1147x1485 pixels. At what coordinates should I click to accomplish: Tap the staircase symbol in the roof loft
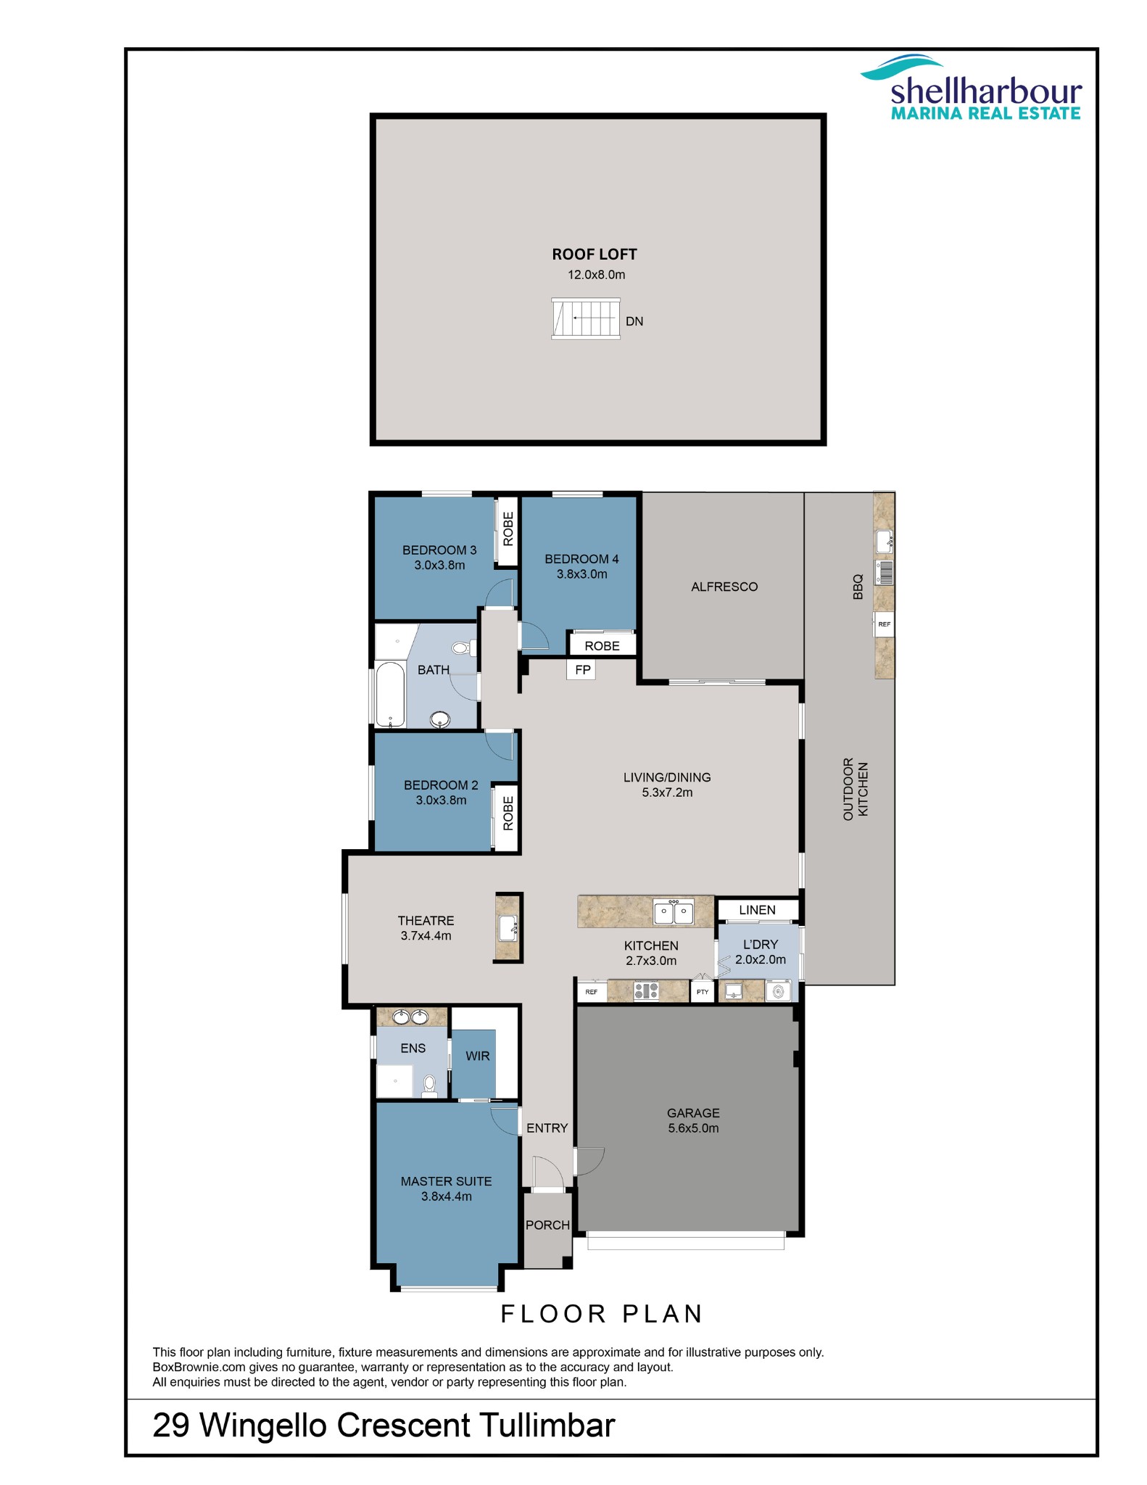coord(586,318)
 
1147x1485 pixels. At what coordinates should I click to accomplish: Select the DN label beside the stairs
coord(634,321)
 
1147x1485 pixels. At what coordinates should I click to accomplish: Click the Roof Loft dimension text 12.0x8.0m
coord(596,275)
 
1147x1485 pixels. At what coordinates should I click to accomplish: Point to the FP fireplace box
coord(582,670)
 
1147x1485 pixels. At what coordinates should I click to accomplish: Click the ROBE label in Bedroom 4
coord(602,645)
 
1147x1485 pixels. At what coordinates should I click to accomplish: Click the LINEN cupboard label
coord(757,910)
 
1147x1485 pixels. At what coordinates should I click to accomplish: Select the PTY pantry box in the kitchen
coord(702,991)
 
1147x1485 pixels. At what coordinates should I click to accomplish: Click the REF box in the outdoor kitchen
coord(884,624)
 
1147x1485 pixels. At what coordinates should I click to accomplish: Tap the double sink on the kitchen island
coord(674,912)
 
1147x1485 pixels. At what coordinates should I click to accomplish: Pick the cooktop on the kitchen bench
coord(646,990)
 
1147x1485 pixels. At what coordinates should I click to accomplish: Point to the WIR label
coord(477,1056)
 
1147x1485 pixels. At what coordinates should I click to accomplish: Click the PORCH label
coord(547,1225)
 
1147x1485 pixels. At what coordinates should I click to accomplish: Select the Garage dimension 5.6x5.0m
coord(693,1128)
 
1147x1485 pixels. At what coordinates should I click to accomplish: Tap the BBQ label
coord(858,587)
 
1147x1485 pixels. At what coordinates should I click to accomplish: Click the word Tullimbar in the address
coord(547,1425)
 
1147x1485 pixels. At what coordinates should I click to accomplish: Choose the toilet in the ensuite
coord(429,1085)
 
